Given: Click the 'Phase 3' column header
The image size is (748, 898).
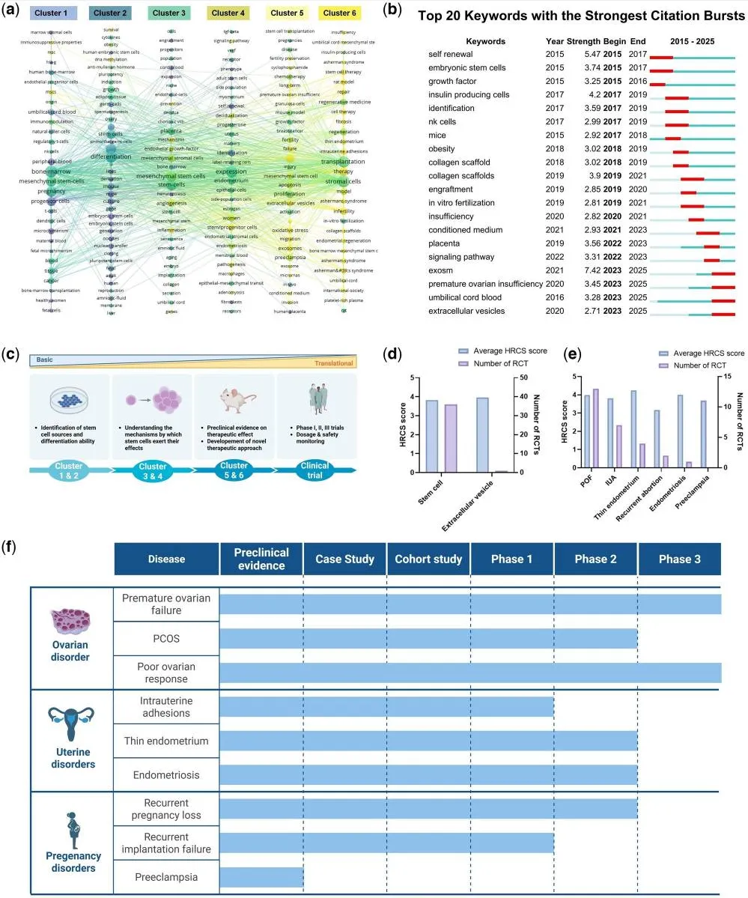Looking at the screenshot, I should point(678,559).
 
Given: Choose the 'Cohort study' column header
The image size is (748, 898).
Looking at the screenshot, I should point(428,559).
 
